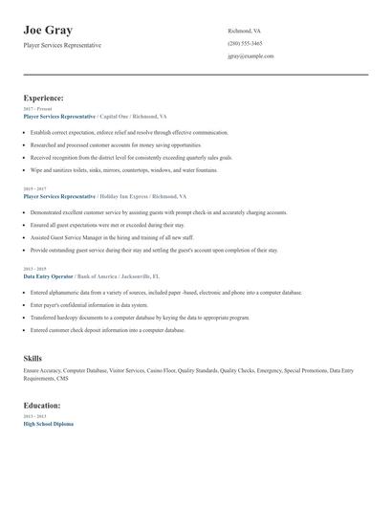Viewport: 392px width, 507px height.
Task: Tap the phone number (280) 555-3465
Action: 245,43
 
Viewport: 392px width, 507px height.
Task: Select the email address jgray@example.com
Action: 250,55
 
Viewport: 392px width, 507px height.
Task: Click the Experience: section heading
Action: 44,98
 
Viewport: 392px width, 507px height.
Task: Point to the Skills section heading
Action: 33,357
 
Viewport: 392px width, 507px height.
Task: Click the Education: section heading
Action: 42,406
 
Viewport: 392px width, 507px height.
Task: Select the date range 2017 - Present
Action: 38,109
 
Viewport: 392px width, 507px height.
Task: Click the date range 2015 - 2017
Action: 36,188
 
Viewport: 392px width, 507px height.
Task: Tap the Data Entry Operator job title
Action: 47,276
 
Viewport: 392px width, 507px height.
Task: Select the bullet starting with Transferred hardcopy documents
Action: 140,317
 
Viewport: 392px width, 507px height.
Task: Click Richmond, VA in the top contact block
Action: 244,31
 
